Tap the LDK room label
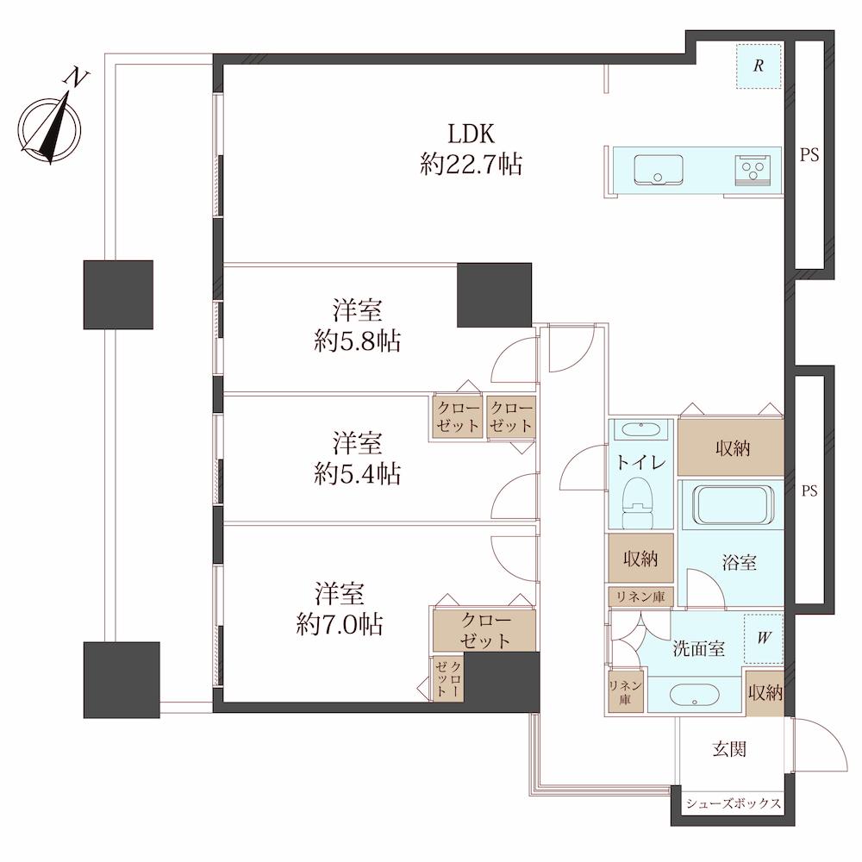(x=472, y=134)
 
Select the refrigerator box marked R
(x=759, y=66)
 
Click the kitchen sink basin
(x=659, y=169)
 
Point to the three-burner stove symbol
(x=751, y=169)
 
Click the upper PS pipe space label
(x=809, y=155)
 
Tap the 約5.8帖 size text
(x=358, y=340)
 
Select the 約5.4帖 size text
(x=358, y=473)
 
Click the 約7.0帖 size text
(x=339, y=624)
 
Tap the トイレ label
(x=641, y=462)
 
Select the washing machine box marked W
(x=764, y=638)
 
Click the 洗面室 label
(x=699, y=649)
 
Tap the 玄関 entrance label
(x=729, y=749)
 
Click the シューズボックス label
(x=734, y=803)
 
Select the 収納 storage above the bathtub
(x=731, y=447)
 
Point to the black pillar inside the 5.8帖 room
(x=494, y=295)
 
